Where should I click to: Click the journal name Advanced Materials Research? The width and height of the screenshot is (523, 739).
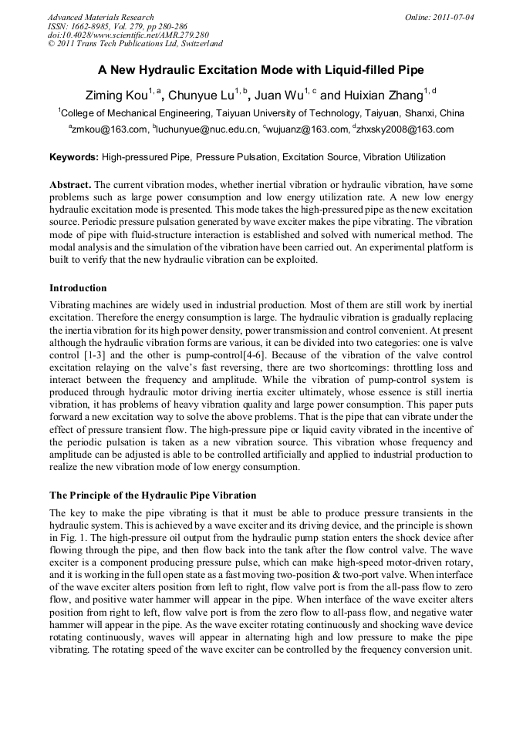pos(100,17)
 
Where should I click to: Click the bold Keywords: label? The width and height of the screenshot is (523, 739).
pos(74,157)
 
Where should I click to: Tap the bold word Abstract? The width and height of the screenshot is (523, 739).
pos(70,186)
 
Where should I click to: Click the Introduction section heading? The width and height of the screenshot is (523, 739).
pos(78,288)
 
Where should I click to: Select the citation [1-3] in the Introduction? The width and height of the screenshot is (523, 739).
pos(96,356)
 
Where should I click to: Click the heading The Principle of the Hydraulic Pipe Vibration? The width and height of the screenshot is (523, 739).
pos(153,495)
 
